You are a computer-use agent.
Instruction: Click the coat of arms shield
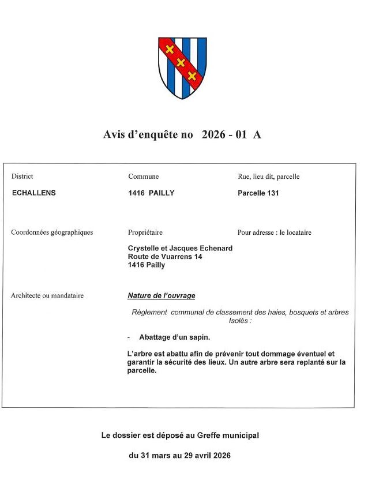click(x=182, y=68)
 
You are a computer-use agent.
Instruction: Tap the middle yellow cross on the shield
click(x=181, y=62)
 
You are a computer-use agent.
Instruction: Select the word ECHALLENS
click(x=34, y=193)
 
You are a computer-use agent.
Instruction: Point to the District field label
click(x=22, y=177)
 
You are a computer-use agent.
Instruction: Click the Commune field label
click(x=143, y=177)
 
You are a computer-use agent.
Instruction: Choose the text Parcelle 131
click(x=258, y=193)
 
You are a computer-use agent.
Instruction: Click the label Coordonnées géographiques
click(x=52, y=232)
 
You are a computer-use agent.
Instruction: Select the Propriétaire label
click(x=145, y=232)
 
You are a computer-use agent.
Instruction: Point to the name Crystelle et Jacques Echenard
click(x=180, y=248)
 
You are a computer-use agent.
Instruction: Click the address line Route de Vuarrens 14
click(x=164, y=257)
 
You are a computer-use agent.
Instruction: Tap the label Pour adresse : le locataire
click(x=274, y=232)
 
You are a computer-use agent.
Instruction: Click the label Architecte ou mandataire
click(x=47, y=295)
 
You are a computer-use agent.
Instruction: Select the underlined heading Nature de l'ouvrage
click(x=162, y=296)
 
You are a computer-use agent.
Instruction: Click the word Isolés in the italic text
click(x=240, y=320)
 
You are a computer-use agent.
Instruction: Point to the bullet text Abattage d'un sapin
click(x=175, y=337)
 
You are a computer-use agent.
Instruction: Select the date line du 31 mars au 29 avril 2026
click(x=179, y=456)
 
